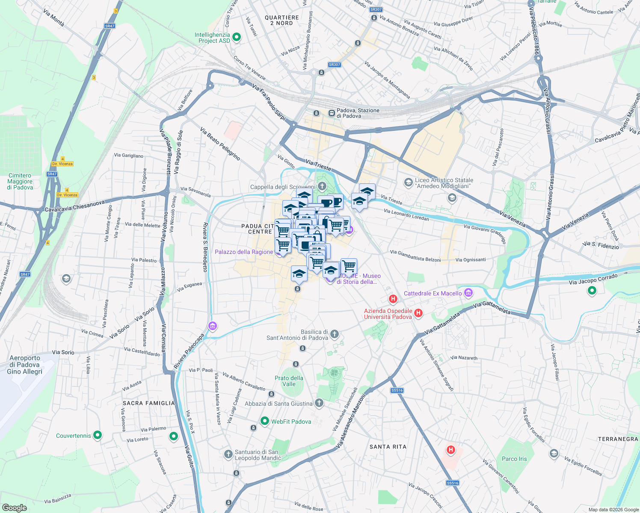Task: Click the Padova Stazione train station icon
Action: (x=331, y=113)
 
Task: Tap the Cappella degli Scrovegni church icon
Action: (x=322, y=186)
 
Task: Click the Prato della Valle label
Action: (x=289, y=381)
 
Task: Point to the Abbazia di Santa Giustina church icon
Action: (x=319, y=403)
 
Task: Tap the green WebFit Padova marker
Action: (x=264, y=421)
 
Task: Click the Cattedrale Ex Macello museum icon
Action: (x=468, y=293)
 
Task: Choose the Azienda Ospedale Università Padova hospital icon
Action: (x=418, y=313)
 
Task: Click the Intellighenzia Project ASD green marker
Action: (x=236, y=37)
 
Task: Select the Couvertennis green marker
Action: (x=98, y=435)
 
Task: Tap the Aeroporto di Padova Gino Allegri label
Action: (x=25, y=365)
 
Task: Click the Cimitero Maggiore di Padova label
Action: (x=20, y=181)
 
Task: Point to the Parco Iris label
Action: (x=514, y=459)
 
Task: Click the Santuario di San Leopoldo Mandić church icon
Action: (x=228, y=453)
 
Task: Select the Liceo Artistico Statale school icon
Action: (x=408, y=183)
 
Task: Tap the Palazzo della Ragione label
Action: (x=244, y=252)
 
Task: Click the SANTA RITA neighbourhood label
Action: (x=388, y=447)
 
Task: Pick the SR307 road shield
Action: (x=334, y=65)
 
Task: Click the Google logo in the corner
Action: (x=14, y=507)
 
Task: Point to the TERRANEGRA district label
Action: (x=618, y=439)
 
